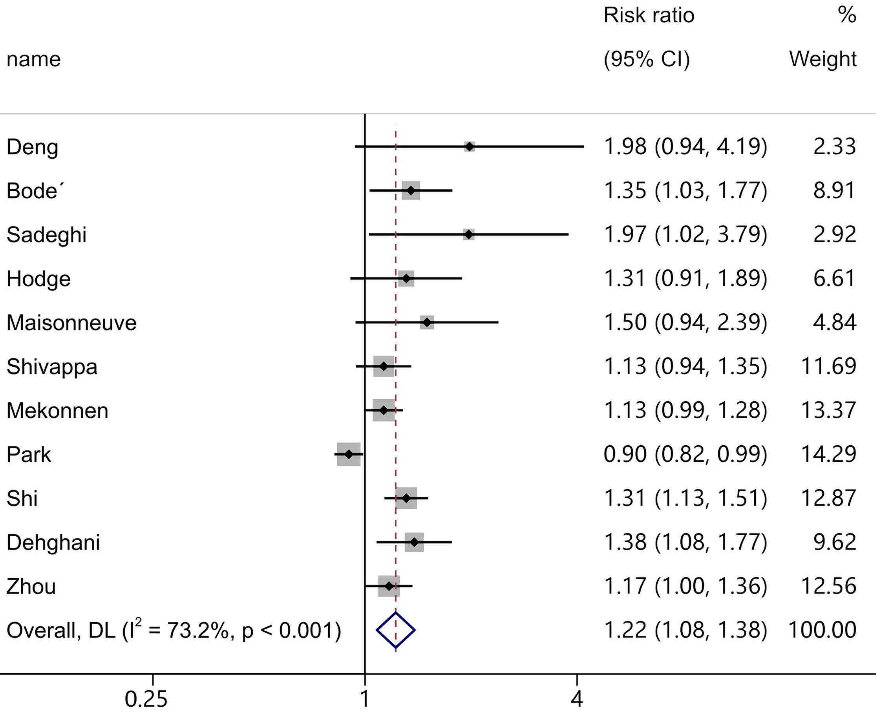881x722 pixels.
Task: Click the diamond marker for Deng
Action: coord(469,147)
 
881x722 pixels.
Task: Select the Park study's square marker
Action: coord(349,454)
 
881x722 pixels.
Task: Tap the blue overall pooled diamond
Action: coord(396,630)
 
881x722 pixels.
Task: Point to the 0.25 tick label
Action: coord(146,699)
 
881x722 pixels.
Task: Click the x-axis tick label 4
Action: coord(576,699)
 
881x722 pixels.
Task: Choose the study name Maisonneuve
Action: coord(71,323)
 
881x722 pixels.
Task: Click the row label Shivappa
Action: coord(52,367)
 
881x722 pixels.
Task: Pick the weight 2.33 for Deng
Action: coord(834,146)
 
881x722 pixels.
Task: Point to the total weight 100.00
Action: coord(823,630)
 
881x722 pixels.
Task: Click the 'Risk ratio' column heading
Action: coord(649,15)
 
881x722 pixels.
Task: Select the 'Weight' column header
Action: coord(823,59)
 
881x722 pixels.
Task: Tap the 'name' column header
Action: coord(34,59)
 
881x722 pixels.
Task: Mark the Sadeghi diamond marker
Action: coord(468,234)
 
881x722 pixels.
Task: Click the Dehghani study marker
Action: coord(414,542)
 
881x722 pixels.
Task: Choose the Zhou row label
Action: coord(31,587)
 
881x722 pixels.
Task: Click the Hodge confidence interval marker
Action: coord(406,278)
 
